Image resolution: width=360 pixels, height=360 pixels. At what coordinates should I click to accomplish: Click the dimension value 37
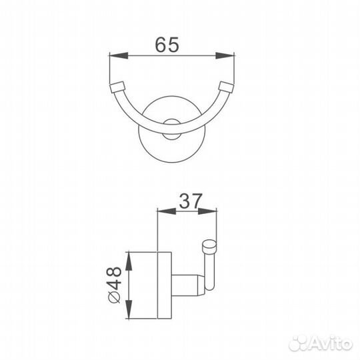pyautogui.click(x=191, y=200)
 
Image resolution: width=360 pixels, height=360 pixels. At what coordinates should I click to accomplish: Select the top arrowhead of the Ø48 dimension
pyautogui.click(x=129, y=256)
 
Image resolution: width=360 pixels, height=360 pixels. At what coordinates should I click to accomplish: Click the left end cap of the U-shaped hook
pyautogui.click(x=117, y=87)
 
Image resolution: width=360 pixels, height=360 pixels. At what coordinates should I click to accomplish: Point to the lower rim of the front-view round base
pyautogui.click(x=171, y=157)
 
